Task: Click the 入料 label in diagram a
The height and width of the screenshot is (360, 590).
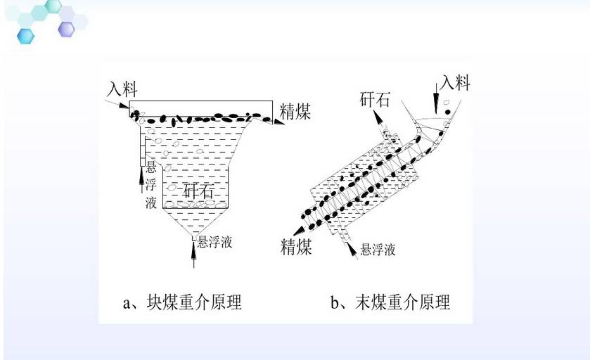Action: pyautogui.click(x=122, y=89)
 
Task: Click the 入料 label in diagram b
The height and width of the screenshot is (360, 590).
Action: pyautogui.click(x=455, y=82)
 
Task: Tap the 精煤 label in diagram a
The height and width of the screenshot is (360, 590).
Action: pyautogui.click(x=295, y=111)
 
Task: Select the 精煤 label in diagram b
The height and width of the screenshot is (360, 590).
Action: pyautogui.click(x=297, y=247)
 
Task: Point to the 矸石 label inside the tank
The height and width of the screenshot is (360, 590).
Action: pyautogui.click(x=198, y=191)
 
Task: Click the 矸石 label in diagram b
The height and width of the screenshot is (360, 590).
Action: pyautogui.click(x=375, y=100)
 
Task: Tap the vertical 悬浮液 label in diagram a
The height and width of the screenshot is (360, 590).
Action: pyautogui.click(x=151, y=185)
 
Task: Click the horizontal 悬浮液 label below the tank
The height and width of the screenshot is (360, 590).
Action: pyautogui.click(x=215, y=242)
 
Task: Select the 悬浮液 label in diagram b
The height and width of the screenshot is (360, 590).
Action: pyautogui.click(x=378, y=250)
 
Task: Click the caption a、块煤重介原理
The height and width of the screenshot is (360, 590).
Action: pyautogui.click(x=182, y=302)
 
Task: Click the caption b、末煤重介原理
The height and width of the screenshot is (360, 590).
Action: pyautogui.click(x=390, y=302)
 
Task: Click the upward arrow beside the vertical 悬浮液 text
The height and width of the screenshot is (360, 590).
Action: pyautogui.click(x=141, y=180)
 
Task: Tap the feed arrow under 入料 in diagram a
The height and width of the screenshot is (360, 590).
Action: pyautogui.click(x=117, y=103)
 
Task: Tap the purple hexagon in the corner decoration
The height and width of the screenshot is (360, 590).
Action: pyautogui.click(x=67, y=30)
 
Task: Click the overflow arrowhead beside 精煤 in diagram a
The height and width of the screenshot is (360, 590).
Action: pyautogui.click(x=278, y=122)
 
